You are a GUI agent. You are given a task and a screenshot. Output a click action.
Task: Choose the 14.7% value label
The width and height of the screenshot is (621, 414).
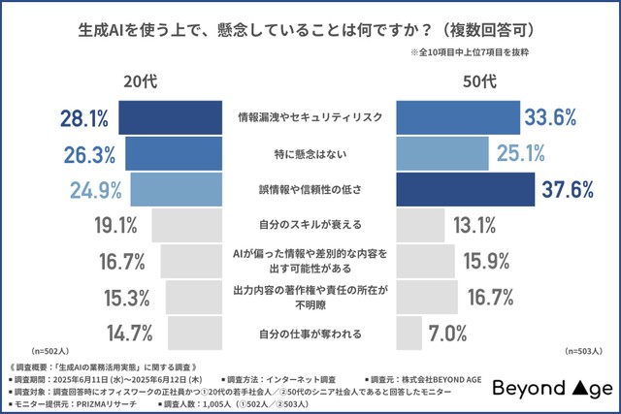click(126, 334)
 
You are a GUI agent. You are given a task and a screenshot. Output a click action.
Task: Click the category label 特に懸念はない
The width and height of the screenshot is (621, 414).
click(310, 153)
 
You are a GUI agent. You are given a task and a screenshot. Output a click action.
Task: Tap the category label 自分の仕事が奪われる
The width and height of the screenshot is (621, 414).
click(310, 334)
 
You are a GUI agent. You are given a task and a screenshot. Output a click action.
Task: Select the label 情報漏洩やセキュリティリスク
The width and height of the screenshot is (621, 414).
click(310, 117)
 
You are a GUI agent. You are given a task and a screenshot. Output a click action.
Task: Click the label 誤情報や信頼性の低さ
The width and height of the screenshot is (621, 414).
click(310, 189)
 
